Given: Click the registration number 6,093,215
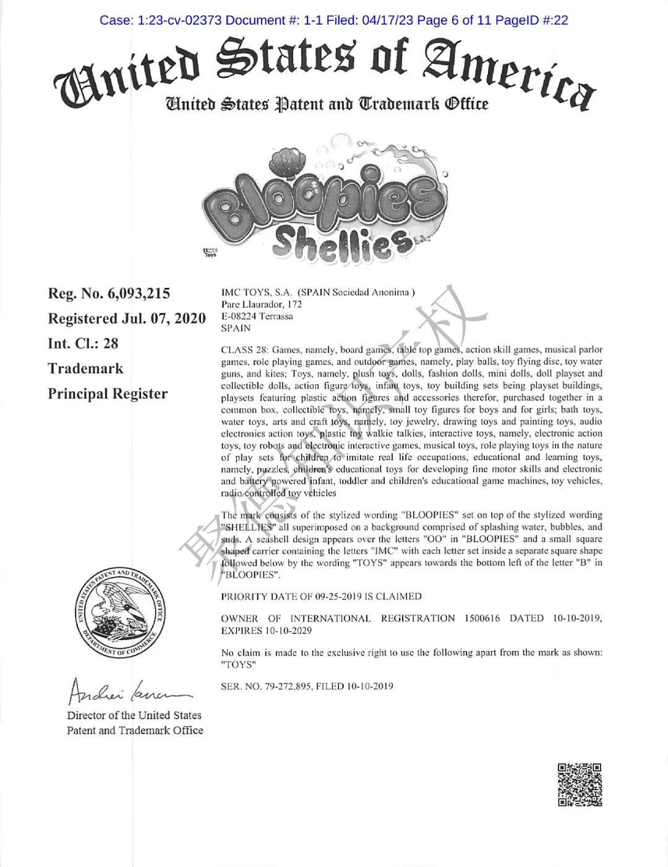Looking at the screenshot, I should pos(139,294).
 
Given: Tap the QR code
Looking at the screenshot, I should pos(580,785).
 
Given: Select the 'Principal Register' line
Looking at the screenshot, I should pos(108,394).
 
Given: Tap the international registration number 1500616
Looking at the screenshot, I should pos(482,618).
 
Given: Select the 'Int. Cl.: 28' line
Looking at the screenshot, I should pos(83,344).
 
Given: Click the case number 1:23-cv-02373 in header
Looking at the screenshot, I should pos(179,20).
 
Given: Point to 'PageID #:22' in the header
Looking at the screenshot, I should pos(532,20).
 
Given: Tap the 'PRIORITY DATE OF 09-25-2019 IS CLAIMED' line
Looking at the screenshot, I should pos(321,597).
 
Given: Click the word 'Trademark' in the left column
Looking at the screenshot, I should pos(85,369).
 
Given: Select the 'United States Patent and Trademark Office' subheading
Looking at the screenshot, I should pos(326,104).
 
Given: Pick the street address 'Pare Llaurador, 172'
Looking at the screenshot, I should pos(262,304).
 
